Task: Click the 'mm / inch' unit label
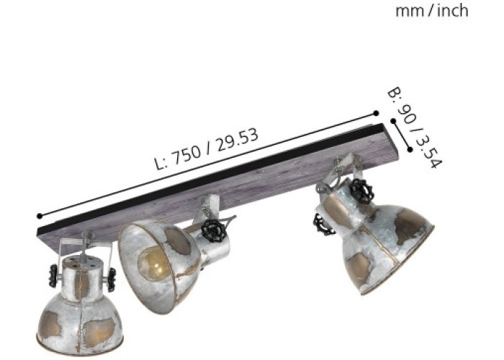pos(431,12)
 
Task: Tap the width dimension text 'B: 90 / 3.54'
pos(415,127)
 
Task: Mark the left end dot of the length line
pos(40,216)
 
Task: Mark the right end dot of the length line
pos(376,113)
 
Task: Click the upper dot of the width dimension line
pos(393,121)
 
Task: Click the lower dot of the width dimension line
pos(410,149)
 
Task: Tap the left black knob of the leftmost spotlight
pos(53,276)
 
